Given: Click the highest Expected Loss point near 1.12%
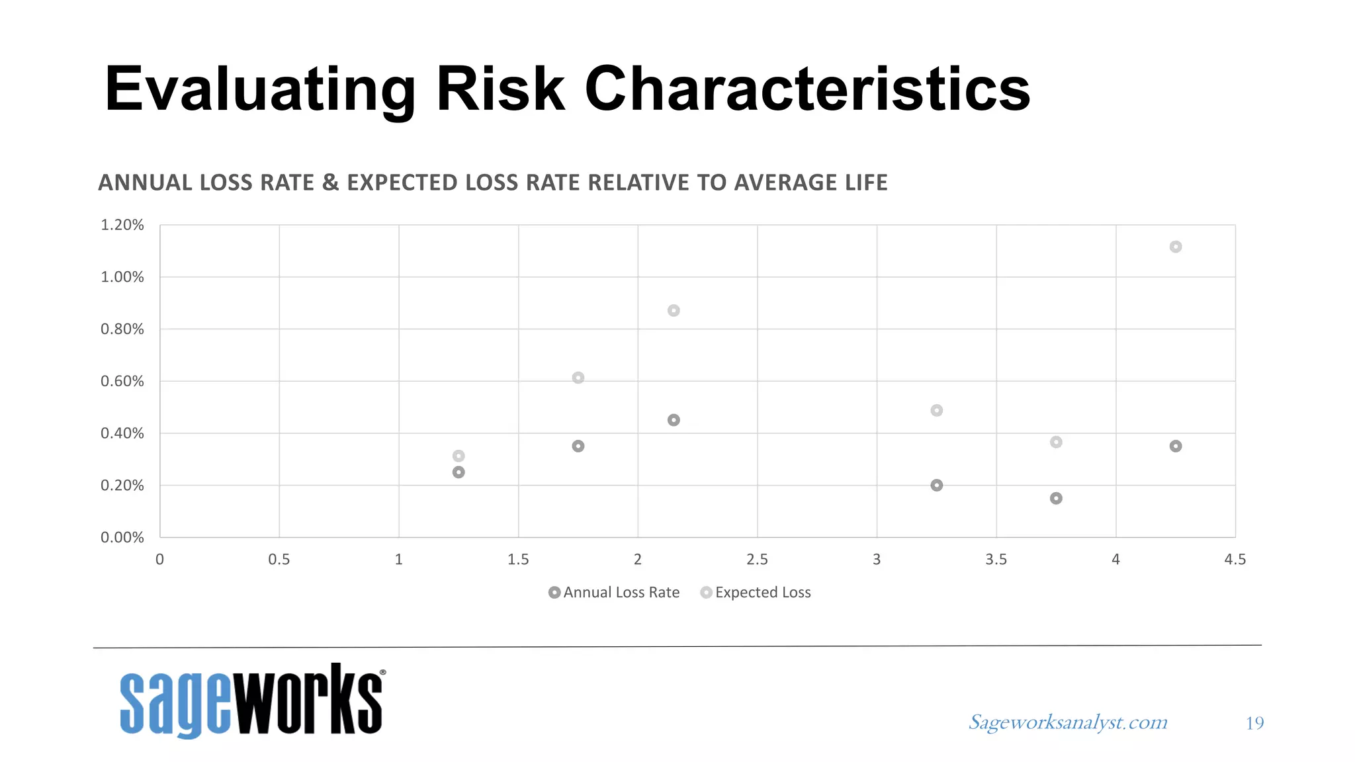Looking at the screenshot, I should click(1175, 247).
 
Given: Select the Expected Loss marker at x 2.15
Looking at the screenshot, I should click(674, 310).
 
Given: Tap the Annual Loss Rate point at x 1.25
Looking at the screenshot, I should click(459, 472).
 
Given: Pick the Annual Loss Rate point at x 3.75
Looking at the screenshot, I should click(1056, 498).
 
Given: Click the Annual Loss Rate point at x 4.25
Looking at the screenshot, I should click(1175, 446).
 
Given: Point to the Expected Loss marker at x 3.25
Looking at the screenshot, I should click(936, 410).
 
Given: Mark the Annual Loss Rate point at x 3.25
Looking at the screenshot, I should click(936, 486).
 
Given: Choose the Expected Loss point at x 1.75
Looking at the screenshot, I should click(578, 378).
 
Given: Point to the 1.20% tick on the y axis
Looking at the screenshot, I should click(122, 225).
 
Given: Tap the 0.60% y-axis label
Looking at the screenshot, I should click(122, 381).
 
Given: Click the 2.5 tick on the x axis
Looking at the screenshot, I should click(757, 560).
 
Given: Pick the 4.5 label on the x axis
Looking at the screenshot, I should click(1235, 560).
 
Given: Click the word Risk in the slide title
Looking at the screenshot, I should click(500, 89).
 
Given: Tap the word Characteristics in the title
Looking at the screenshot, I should click(807, 89).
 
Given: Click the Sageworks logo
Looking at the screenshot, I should click(251, 701).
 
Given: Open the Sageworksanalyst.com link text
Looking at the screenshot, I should click(1068, 722).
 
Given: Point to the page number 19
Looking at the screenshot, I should click(1254, 723).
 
